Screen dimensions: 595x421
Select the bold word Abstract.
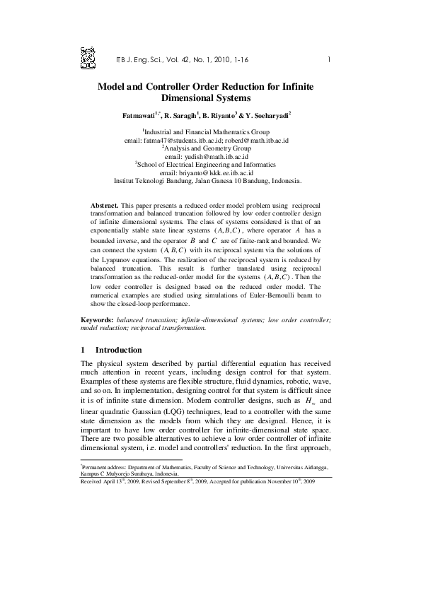click(x=105, y=203)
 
